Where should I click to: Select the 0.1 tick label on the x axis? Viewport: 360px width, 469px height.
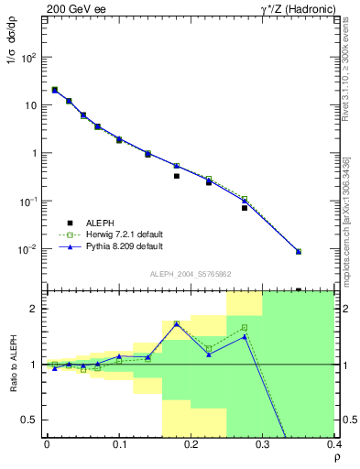click(x=118, y=444)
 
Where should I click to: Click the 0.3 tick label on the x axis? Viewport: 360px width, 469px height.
click(x=262, y=444)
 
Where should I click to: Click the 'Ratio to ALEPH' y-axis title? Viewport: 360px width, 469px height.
click(x=14, y=365)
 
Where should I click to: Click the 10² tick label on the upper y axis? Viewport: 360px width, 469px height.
click(x=29, y=57)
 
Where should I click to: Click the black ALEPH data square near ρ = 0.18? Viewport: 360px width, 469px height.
click(x=176, y=176)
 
